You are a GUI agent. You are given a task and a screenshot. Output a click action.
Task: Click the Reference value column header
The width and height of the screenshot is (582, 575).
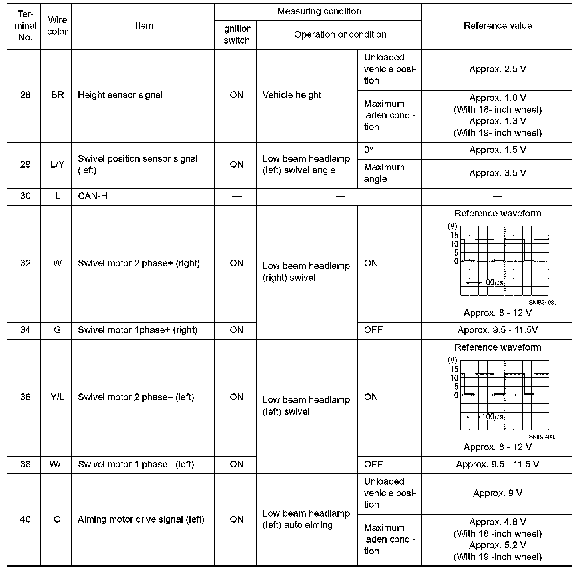[498, 26]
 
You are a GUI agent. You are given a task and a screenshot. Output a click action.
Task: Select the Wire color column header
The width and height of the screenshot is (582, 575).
[57, 26]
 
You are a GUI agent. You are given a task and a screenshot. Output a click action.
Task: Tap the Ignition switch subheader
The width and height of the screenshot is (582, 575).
[237, 34]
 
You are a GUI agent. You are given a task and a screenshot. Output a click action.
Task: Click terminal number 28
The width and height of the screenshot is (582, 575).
[25, 95]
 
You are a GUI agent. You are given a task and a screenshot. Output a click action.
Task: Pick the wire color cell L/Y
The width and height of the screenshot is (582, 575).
[57, 164]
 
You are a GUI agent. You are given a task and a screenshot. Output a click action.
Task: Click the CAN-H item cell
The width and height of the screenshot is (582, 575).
[93, 196]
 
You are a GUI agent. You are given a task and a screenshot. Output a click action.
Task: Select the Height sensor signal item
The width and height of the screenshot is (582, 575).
[120, 95]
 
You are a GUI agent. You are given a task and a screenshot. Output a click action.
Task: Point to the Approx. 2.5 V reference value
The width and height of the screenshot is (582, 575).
[498, 69]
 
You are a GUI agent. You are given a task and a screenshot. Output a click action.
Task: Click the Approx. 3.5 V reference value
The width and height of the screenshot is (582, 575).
[498, 173]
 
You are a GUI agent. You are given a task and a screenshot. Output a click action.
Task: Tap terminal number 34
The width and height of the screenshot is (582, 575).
[25, 330]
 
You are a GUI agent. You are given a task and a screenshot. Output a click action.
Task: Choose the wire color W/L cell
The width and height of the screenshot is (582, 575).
[57, 465]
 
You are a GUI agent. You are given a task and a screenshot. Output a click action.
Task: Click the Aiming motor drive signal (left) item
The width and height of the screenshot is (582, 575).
[141, 519]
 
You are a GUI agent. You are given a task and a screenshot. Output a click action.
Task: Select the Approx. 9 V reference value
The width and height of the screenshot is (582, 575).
[498, 493]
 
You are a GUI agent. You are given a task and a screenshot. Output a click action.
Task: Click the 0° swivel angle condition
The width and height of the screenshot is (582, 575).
[369, 150]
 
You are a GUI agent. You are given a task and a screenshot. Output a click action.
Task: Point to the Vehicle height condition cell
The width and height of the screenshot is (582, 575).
[292, 95]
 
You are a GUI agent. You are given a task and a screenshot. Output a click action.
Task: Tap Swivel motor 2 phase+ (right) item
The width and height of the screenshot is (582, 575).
[139, 263]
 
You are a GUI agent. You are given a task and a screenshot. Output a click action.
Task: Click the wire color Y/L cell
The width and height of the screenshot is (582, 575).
[57, 397]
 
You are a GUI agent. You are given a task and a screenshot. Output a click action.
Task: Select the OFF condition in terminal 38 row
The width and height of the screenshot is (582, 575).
[373, 465]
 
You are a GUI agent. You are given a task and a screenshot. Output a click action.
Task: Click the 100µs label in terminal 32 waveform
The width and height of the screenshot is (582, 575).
[492, 282]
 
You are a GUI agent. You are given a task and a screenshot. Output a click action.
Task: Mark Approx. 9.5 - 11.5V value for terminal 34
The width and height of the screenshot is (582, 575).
[498, 330]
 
